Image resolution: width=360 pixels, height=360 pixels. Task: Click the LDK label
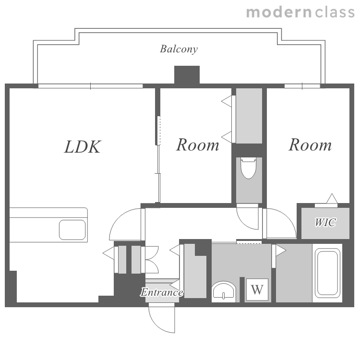tap(83, 147)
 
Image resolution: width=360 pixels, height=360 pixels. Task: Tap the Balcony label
tap(179, 49)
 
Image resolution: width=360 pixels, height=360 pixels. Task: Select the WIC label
tap(325, 222)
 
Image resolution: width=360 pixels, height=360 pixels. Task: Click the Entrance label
tap(162, 292)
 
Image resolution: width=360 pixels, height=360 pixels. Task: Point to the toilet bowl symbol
tap(249, 168)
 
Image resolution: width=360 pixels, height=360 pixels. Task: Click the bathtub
tap(327, 273)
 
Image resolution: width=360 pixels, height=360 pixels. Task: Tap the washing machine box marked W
tap(257, 289)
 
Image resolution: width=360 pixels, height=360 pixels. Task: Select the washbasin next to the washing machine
tap(224, 291)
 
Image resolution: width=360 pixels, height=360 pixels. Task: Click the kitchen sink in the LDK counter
tap(72, 230)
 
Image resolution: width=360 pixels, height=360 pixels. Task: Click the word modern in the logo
tap(279, 12)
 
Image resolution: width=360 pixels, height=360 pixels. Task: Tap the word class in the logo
tap(335, 12)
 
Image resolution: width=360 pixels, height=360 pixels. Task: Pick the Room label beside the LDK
tap(198, 145)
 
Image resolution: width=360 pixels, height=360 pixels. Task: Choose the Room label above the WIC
tap(310, 145)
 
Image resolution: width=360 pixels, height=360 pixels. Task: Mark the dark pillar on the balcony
tap(187, 75)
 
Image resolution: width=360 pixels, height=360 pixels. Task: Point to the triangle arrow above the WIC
tap(332, 199)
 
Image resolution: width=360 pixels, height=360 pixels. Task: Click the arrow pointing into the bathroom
tap(281, 250)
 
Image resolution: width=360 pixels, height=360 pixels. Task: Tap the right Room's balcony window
tap(302, 86)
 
